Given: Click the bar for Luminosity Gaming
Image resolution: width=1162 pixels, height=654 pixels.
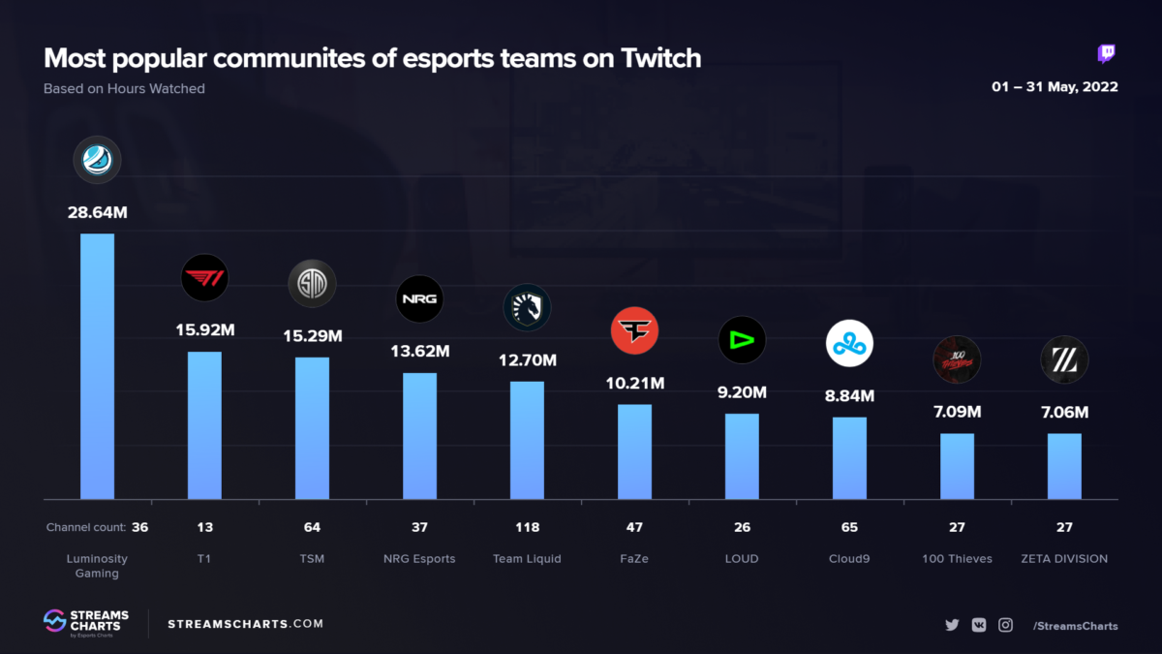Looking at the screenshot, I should [97, 366].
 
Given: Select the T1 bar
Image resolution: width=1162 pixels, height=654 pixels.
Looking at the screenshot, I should [204, 425].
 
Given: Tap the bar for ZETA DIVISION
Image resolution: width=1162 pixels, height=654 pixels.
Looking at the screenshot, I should [1064, 466].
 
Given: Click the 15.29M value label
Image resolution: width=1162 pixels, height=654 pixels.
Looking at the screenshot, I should [312, 336].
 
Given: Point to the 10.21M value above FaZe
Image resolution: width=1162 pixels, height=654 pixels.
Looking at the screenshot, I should [634, 383].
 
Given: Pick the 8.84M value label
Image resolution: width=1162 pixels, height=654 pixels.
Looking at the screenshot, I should [849, 395].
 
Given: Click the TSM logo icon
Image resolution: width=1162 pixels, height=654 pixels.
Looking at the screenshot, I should [312, 284].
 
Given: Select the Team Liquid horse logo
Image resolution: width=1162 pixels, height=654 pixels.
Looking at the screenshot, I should [527, 308].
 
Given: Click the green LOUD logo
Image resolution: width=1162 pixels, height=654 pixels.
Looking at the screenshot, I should [742, 340].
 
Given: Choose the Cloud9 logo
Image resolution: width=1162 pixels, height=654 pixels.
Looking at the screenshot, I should [849, 343].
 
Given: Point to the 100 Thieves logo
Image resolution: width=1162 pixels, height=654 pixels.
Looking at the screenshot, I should [957, 359].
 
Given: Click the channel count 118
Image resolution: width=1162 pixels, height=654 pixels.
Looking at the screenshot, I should [527, 528].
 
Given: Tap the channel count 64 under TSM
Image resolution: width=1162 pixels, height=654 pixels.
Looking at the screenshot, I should [312, 528].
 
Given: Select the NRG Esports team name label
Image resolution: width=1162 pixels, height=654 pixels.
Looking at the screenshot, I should [419, 559].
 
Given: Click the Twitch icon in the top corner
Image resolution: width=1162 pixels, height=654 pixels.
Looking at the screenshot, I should [1106, 54].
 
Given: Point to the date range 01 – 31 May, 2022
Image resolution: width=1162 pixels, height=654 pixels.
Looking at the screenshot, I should [1055, 87].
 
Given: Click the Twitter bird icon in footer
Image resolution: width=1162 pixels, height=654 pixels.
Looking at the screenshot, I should [952, 625].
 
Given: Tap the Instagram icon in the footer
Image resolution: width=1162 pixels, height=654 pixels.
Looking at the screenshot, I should [1005, 625].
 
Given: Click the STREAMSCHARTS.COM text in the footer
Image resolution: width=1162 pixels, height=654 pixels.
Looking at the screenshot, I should [246, 624].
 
